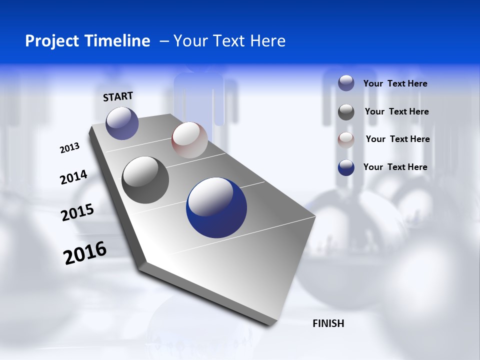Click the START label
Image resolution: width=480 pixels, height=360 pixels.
point(118,96)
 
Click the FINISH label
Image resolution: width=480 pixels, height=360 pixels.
point(328,323)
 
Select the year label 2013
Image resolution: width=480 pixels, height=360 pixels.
point(69,148)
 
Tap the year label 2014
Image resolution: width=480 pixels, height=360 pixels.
point(73,177)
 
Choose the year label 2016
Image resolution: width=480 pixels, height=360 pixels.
point(85,252)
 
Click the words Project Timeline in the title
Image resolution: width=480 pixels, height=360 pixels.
point(87,41)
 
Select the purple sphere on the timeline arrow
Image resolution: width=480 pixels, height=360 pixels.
point(122,123)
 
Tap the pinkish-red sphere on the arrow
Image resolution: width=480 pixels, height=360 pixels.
point(189,140)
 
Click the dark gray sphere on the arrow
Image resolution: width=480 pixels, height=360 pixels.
point(145,180)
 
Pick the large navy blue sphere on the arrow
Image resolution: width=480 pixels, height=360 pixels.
point(216,207)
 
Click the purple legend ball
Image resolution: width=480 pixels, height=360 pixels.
point(346,83)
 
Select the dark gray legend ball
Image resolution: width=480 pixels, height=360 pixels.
point(346,111)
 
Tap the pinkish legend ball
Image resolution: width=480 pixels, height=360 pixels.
point(346,139)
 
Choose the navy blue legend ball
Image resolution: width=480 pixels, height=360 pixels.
point(346,167)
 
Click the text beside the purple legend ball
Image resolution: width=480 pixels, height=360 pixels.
point(395,84)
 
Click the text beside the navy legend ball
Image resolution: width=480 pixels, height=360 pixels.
point(395,167)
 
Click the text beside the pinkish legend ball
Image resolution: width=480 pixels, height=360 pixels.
point(397,139)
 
